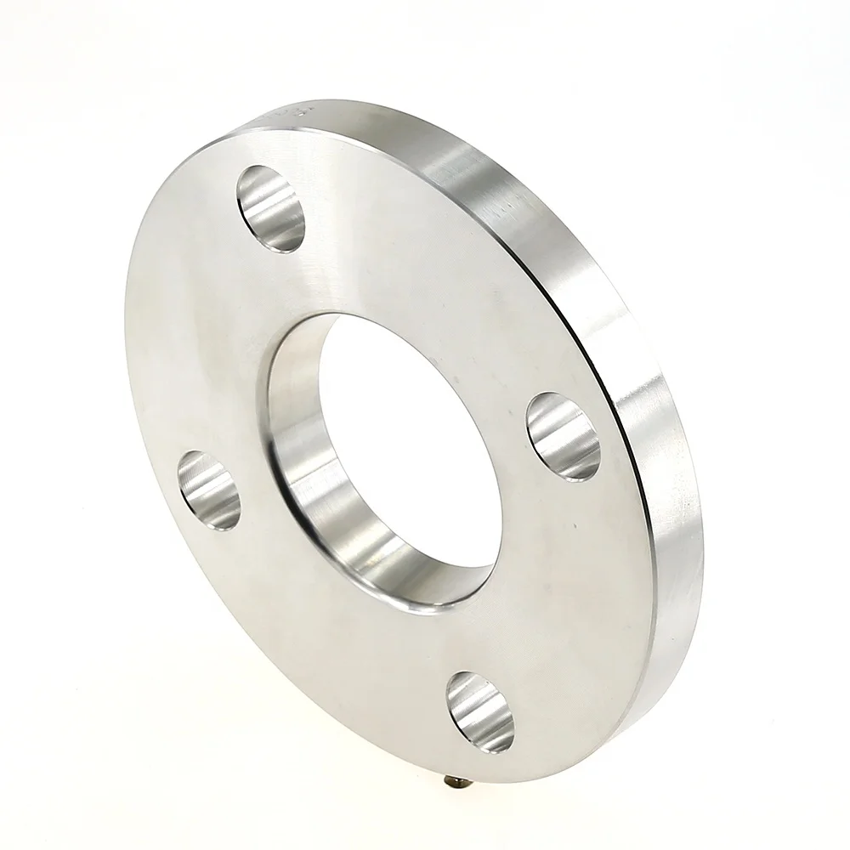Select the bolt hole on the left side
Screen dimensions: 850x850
click(209, 489)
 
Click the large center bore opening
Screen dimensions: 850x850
click(399, 442)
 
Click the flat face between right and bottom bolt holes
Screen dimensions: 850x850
click(561, 595)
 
